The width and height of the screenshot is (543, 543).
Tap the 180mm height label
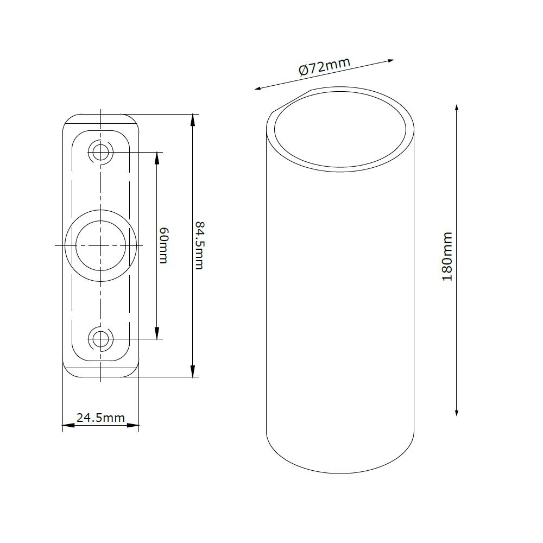click(x=447, y=257)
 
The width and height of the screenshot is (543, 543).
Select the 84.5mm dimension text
click(x=199, y=245)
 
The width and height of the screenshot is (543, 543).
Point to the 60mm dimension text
click(x=163, y=245)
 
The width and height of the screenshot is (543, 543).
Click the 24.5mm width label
click(x=100, y=418)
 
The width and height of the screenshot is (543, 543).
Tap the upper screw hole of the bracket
click(x=100, y=151)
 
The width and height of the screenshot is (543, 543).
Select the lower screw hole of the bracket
click(x=100, y=339)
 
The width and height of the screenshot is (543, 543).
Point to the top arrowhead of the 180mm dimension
click(x=457, y=108)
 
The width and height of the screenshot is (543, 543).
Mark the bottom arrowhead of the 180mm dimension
click(x=457, y=412)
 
